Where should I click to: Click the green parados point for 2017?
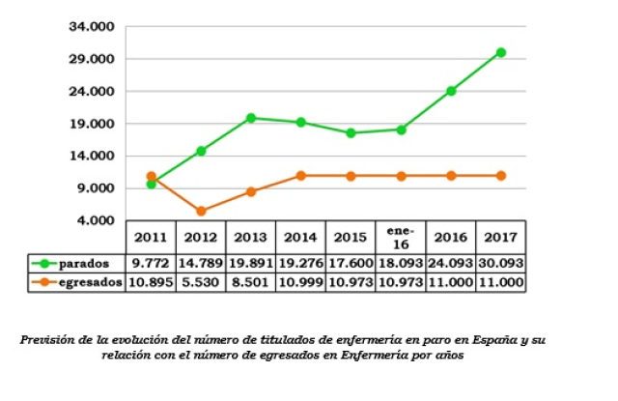point(501,52)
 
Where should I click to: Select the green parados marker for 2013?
point(251,118)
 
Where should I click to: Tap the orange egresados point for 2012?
point(201,211)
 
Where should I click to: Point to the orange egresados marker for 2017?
point(501,175)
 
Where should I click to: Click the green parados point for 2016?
point(451,91)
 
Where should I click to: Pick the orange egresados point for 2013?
point(251,191)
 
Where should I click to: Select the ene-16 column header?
point(401,237)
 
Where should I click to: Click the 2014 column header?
point(300,237)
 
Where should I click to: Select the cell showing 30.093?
point(501,263)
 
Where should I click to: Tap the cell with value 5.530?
point(200,281)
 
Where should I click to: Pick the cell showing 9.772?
point(151,263)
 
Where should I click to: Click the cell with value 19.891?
point(250,263)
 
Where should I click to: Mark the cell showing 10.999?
point(300,281)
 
